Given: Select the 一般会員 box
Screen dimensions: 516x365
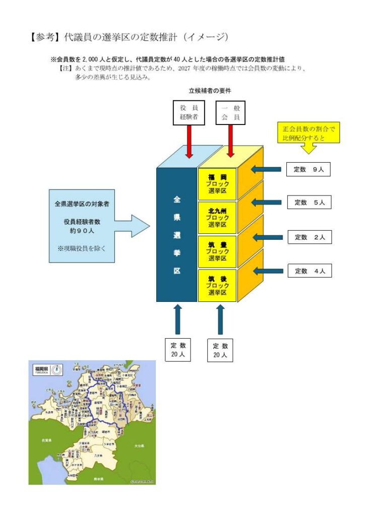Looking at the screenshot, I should pos(230,112).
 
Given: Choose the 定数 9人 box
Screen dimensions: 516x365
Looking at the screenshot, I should pos(309,169).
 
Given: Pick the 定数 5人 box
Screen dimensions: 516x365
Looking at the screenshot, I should pos(310,203).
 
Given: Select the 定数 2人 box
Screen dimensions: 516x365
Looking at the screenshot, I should pos(310,237).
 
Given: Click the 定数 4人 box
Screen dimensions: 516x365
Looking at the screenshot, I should pos(310,271).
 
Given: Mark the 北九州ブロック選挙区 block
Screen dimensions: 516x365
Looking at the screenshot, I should pos(217,217).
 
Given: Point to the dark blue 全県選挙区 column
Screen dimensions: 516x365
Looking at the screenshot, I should pos(176,235).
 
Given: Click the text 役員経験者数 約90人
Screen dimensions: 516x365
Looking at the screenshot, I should pos(82,226).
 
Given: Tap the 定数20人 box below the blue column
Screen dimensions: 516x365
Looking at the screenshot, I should pos(178,349).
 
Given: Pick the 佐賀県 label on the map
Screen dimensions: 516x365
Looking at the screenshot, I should pos(46,440).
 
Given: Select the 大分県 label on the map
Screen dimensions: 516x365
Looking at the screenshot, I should pos(139,446).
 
